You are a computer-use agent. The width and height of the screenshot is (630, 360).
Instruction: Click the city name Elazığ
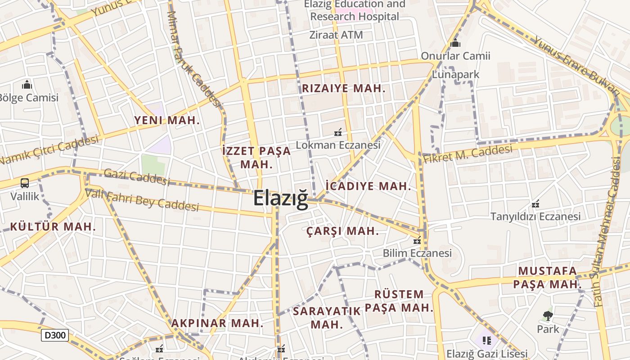tap(281, 198)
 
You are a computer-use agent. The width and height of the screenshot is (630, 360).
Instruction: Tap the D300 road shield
tap(55, 335)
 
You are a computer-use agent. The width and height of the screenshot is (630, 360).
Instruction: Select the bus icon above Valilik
tap(25, 183)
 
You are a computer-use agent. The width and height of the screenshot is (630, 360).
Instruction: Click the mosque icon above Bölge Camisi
tap(27, 85)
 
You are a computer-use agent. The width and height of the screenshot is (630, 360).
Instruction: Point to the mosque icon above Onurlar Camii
tap(455, 43)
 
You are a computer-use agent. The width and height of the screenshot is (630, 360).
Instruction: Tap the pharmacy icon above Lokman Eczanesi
tap(337, 132)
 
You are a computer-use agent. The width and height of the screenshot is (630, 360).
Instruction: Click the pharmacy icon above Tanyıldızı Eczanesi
tap(535, 204)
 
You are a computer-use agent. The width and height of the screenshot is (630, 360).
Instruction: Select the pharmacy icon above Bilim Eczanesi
tap(417, 240)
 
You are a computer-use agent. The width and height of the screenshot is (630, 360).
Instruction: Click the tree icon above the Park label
tap(548, 315)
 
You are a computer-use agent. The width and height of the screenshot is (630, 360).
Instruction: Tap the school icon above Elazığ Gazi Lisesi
tap(486, 340)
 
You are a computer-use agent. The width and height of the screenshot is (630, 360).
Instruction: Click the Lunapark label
tap(456, 74)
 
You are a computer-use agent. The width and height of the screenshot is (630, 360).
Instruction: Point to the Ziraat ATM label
tap(336, 35)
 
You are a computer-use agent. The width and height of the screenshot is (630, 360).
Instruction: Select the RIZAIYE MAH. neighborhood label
tap(343, 88)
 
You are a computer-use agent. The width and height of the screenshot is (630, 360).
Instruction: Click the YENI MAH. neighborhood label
tap(166, 120)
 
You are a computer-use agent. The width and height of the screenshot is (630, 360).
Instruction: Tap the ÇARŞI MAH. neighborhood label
tap(342, 231)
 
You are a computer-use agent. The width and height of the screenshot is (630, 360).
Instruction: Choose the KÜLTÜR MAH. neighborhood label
tap(53, 226)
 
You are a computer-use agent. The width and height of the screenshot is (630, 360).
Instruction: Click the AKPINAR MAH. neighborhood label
tap(217, 323)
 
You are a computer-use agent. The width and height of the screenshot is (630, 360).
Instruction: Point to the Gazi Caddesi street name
tap(137, 176)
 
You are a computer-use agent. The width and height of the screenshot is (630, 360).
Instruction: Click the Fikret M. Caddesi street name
tap(468, 154)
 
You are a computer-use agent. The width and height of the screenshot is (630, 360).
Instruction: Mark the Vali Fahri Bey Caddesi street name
tap(142, 200)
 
